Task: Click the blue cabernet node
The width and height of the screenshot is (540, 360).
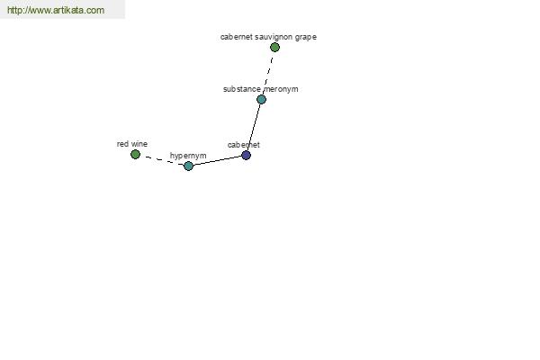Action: tap(246, 155)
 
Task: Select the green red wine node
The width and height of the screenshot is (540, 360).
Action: tap(135, 154)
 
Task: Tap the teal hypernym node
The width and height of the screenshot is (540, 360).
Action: tap(188, 166)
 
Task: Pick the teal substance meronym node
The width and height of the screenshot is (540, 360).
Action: tap(261, 100)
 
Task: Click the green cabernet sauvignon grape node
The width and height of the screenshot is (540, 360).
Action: tap(274, 47)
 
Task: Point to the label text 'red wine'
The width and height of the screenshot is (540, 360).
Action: tap(132, 144)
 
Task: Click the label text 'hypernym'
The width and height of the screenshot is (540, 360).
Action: tap(188, 156)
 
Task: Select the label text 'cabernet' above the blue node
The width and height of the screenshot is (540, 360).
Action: tap(244, 145)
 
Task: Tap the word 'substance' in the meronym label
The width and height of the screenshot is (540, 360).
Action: tap(242, 89)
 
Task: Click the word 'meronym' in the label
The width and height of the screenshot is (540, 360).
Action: tap(281, 89)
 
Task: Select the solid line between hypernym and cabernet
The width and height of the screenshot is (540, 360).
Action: tap(217, 160)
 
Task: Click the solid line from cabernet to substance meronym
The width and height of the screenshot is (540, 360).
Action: tap(254, 127)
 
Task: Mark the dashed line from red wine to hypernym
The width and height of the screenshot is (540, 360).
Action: tap(162, 160)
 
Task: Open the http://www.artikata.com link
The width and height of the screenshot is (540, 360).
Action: tap(56, 10)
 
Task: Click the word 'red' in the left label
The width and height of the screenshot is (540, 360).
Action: tap(122, 144)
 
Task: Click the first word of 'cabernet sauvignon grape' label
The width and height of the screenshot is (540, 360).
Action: tap(237, 37)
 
